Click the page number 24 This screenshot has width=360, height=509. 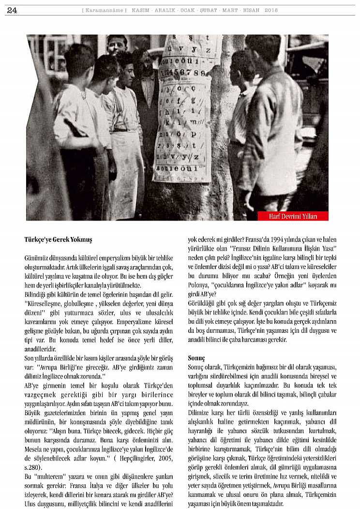pos(12,10)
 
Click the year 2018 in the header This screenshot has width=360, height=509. pos(271,10)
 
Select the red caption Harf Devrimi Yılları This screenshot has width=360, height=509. pos(293,216)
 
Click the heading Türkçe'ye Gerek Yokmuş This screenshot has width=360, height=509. pos(58,240)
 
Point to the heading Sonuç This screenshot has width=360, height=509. pos(196,358)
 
